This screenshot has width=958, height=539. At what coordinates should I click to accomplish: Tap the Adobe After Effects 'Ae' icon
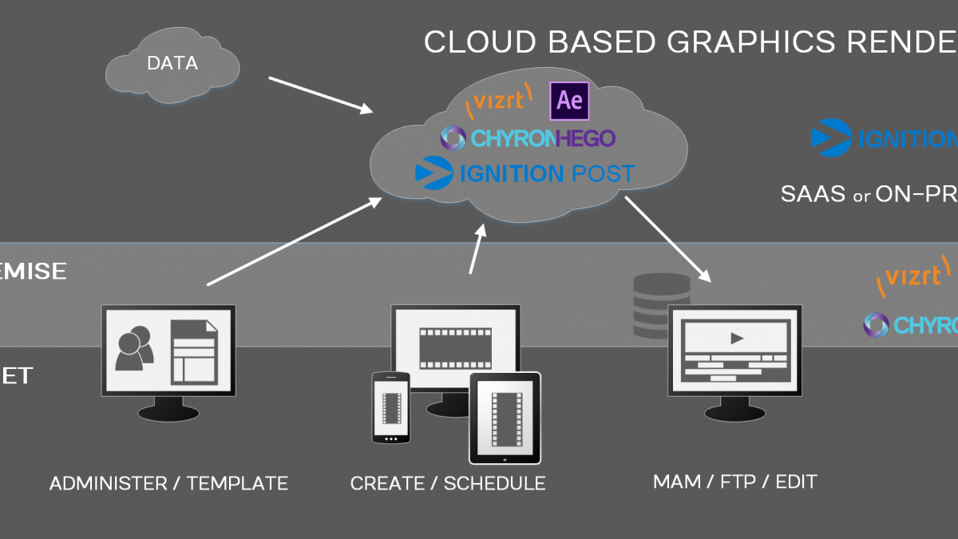(569, 101)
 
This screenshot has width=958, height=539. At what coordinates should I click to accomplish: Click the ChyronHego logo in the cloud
(528, 138)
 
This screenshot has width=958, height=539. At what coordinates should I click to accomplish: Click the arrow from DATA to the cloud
(320, 94)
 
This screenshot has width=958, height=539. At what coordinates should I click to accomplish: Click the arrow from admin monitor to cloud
(295, 241)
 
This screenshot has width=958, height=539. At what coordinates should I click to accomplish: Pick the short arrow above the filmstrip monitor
(477, 250)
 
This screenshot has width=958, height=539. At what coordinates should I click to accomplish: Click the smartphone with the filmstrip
(390, 407)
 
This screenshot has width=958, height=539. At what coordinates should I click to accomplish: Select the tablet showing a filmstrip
(504, 418)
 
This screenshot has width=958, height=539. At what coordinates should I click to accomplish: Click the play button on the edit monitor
(736, 338)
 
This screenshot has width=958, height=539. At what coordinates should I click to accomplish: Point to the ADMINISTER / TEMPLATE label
(168, 483)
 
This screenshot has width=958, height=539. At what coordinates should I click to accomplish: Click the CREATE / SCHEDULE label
(448, 483)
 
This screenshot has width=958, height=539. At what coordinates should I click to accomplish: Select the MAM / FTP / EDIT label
(734, 482)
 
